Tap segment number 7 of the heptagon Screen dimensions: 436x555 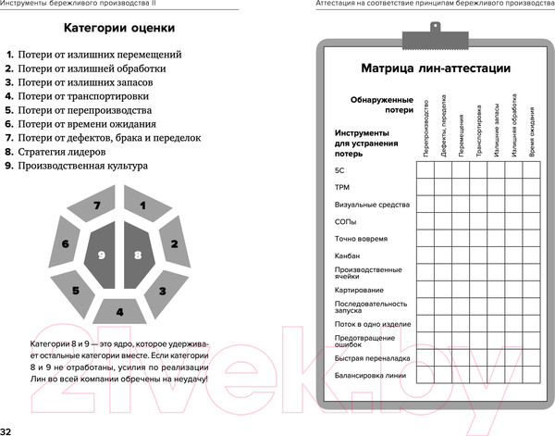[96, 206]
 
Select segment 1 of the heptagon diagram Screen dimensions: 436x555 [142, 206]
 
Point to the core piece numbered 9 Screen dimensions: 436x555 [102, 255]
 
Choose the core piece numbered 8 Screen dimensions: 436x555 [137, 255]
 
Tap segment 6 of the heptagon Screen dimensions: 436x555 [66, 244]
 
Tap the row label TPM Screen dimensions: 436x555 [341, 188]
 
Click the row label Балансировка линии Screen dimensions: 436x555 [369, 375]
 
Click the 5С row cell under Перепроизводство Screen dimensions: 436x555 [425, 171]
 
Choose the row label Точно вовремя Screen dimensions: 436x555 [362, 239]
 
